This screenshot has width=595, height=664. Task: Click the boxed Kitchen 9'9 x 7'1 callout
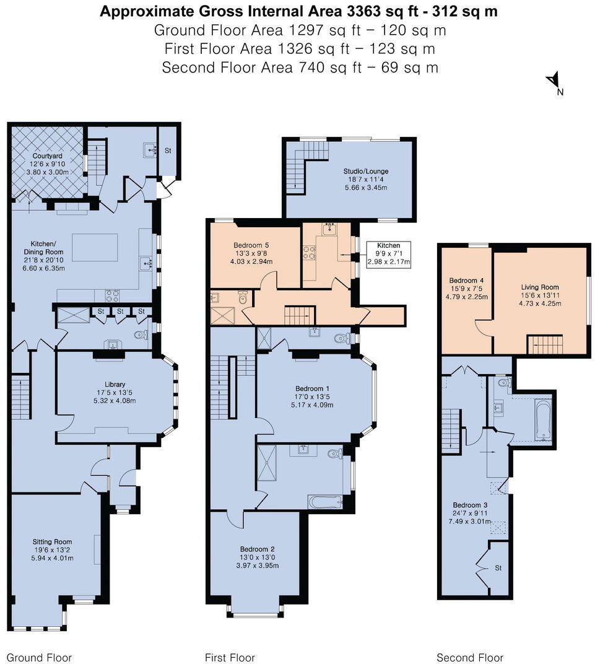(389, 254)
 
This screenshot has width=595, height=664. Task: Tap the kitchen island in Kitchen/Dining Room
(95, 248)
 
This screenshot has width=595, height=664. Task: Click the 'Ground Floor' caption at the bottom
(38, 658)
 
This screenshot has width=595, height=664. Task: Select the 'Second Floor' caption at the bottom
(470, 658)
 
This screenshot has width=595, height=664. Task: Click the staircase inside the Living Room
(545, 344)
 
